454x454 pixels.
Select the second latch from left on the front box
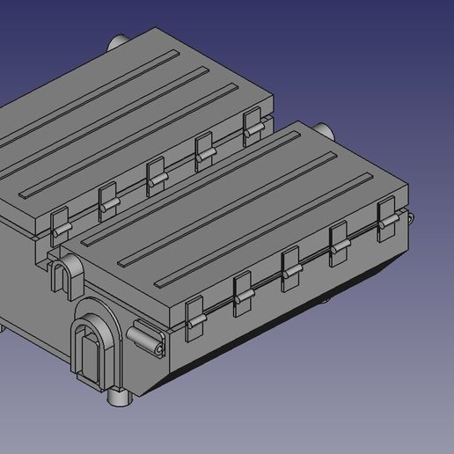pyautogui.click(x=242, y=294)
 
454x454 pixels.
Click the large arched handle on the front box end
pyautogui.click(x=92, y=348)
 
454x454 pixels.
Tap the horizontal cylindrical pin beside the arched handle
pyautogui.click(x=145, y=339)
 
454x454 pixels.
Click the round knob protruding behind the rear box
pyautogui.click(x=117, y=41)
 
